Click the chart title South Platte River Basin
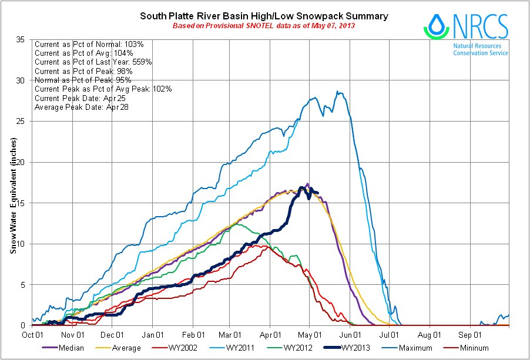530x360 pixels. click(x=264, y=16)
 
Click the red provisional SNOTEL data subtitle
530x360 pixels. click(x=264, y=26)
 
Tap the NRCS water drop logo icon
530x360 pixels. click(x=436, y=26)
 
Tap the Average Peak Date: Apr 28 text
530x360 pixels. click(x=82, y=107)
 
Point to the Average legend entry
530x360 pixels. click(x=120, y=348)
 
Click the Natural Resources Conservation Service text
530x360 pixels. click(x=480, y=49)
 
